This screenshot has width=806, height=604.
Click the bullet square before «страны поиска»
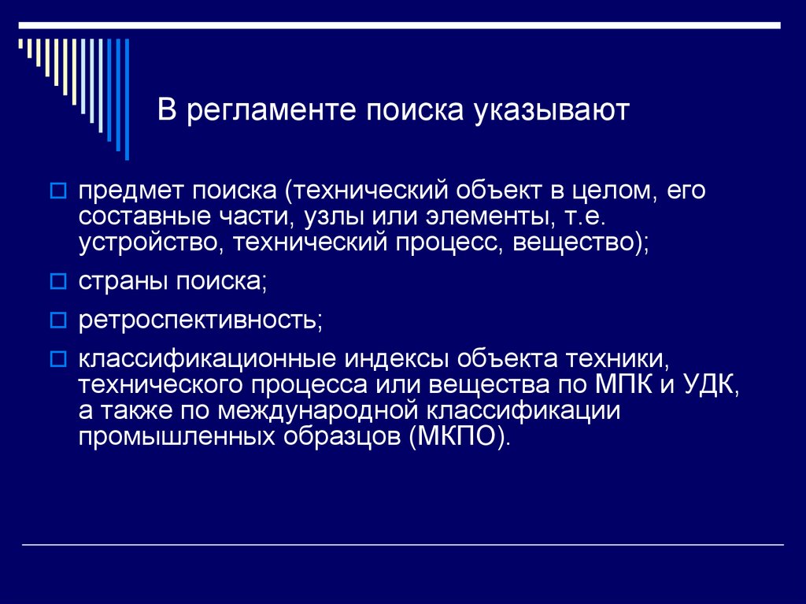pos(58,280)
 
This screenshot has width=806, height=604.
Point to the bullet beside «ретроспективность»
pos(58,320)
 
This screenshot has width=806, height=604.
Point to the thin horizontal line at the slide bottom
pos(403,545)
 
